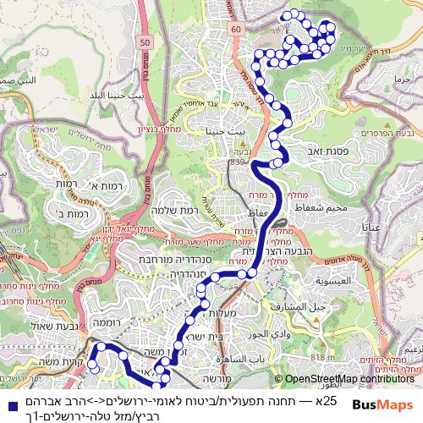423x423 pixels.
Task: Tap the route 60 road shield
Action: [x=235, y=29]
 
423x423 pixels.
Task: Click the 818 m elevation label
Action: [x=317, y=359]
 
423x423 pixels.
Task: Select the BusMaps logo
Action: [x=383, y=404]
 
